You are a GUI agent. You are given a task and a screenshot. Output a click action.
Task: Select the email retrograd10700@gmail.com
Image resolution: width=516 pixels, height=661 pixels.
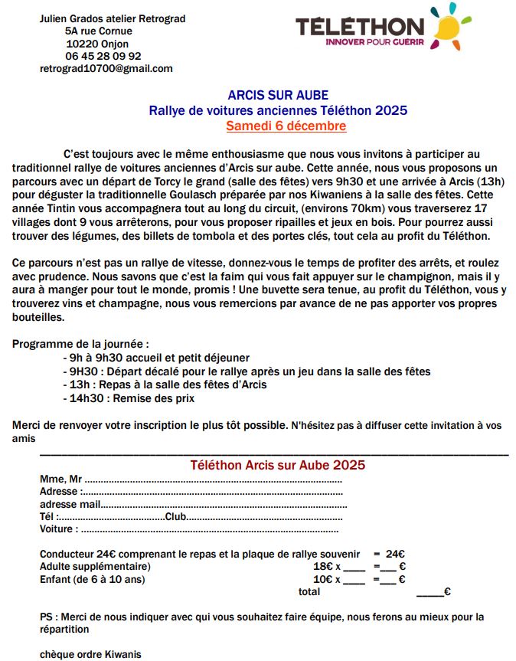(106, 68)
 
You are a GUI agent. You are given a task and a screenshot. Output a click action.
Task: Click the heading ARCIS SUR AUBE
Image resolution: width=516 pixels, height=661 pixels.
(278, 96)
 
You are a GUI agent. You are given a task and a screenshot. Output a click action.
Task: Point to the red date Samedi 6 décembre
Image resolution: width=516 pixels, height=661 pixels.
(286, 126)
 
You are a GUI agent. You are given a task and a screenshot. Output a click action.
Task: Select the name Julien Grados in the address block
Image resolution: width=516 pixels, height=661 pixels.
(71, 18)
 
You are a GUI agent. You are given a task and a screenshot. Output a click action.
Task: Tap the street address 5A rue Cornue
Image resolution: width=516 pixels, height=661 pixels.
(99, 31)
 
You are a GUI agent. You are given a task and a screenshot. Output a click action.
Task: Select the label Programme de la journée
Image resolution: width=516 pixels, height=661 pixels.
(80, 344)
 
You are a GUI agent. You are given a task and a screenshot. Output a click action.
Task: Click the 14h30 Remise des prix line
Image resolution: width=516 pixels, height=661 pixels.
(132, 398)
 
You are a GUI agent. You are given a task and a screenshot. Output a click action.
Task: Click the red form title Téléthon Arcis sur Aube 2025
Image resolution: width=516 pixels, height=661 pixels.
(277, 465)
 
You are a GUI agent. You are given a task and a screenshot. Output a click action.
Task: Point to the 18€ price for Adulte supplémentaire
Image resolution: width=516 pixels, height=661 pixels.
(322, 566)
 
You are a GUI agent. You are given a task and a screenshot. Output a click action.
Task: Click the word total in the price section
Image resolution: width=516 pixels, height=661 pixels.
(309, 591)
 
